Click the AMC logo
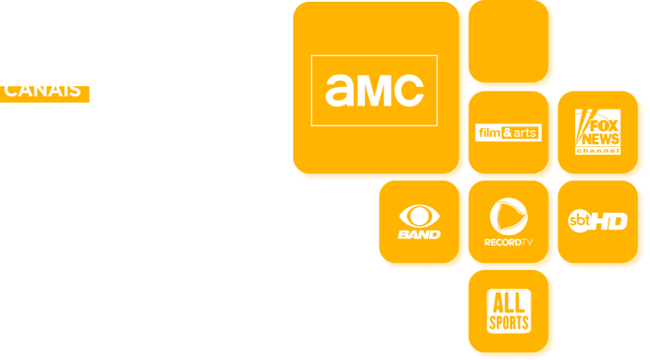pyautogui.click(x=374, y=90)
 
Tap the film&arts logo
pyautogui.click(x=508, y=133)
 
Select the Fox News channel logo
pyautogui.click(x=597, y=132)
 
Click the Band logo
pyautogui.click(x=419, y=223)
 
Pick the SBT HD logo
pyautogui.click(x=597, y=221)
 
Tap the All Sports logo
pyautogui.click(x=508, y=311)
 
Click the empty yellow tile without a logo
pyautogui.click(x=512, y=43)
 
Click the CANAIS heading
pyautogui.click(x=43, y=90)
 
